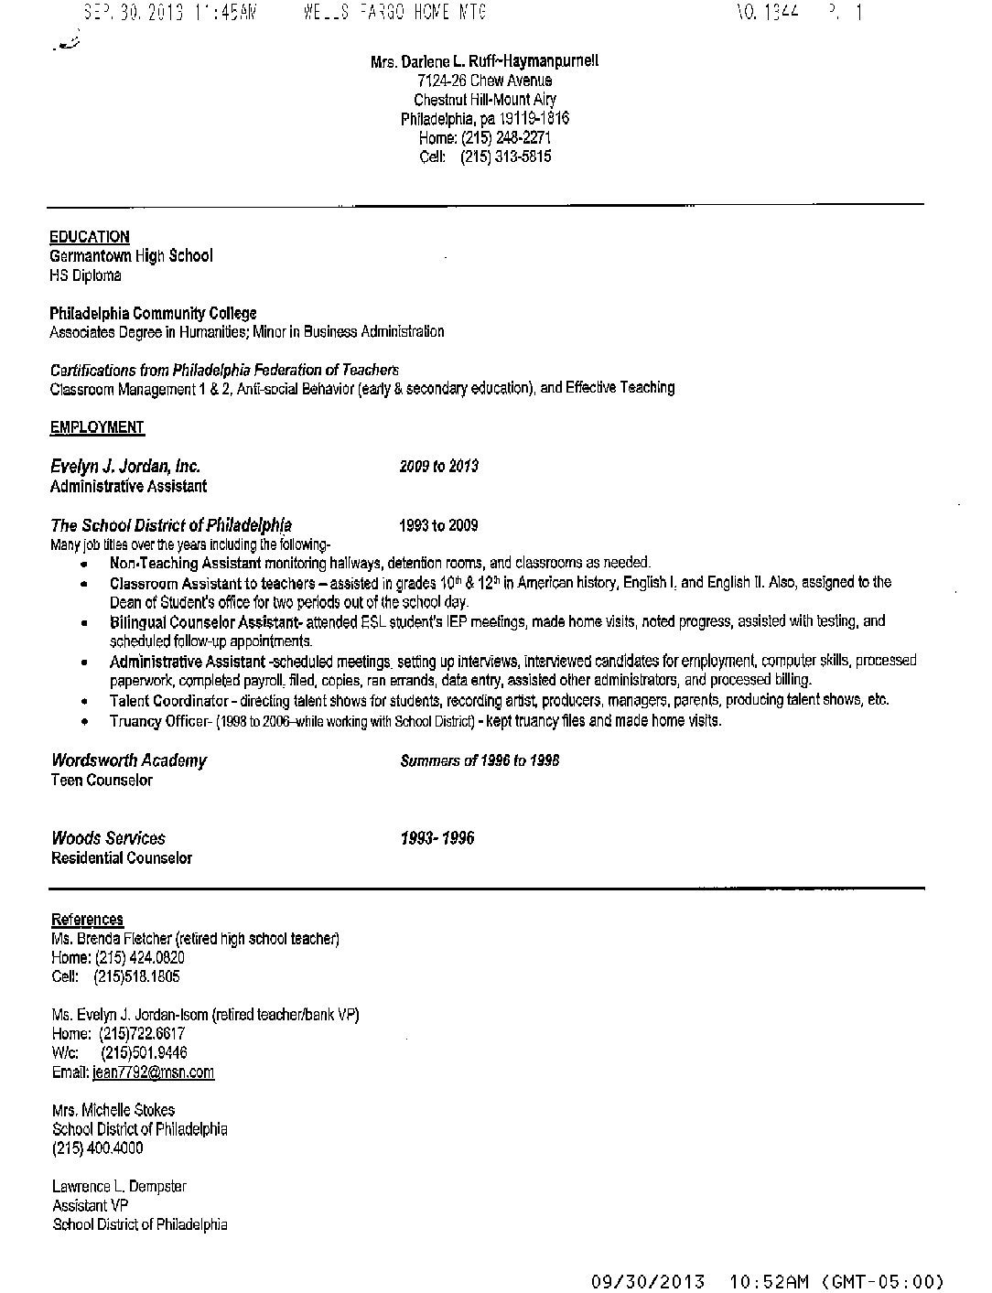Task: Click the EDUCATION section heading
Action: pyautogui.click(x=90, y=237)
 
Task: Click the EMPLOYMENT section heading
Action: pyautogui.click(x=97, y=427)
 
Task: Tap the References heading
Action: pyautogui.click(x=87, y=920)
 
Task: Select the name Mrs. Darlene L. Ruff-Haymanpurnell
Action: pyautogui.click(x=485, y=61)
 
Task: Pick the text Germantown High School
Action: pyautogui.click(x=131, y=256)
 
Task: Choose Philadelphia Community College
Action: pyautogui.click(x=153, y=313)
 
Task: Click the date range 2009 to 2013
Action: pyautogui.click(x=438, y=467)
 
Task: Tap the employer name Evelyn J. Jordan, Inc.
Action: pyautogui.click(x=125, y=467)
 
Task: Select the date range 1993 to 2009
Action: pyautogui.click(x=438, y=526)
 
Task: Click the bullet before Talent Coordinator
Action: pyautogui.click(x=85, y=702)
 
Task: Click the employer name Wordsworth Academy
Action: pyautogui.click(x=129, y=760)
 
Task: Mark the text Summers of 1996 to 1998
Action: pyautogui.click(x=480, y=761)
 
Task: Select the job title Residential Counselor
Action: pyautogui.click(x=122, y=858)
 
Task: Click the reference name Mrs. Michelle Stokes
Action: pyautogui.click(x=113, y=1110)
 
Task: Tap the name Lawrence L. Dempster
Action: pyautogui.click(x=119, y=1187)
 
